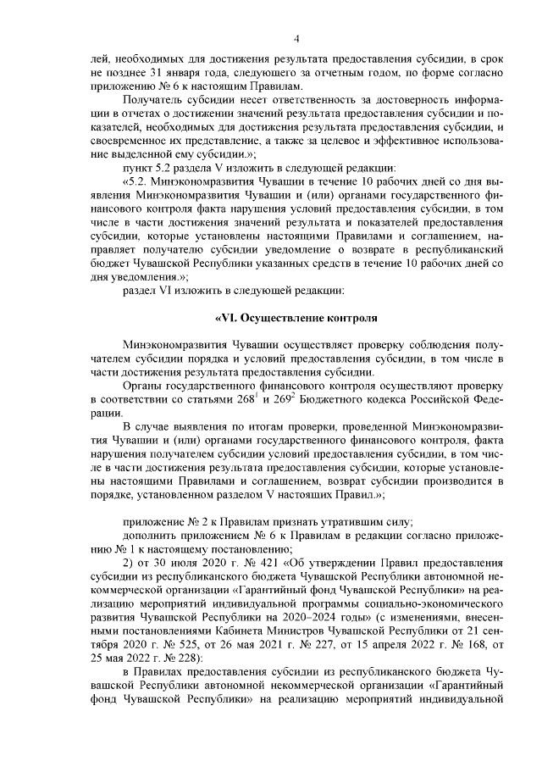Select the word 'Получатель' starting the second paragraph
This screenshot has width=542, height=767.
click(x=152, y=98)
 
